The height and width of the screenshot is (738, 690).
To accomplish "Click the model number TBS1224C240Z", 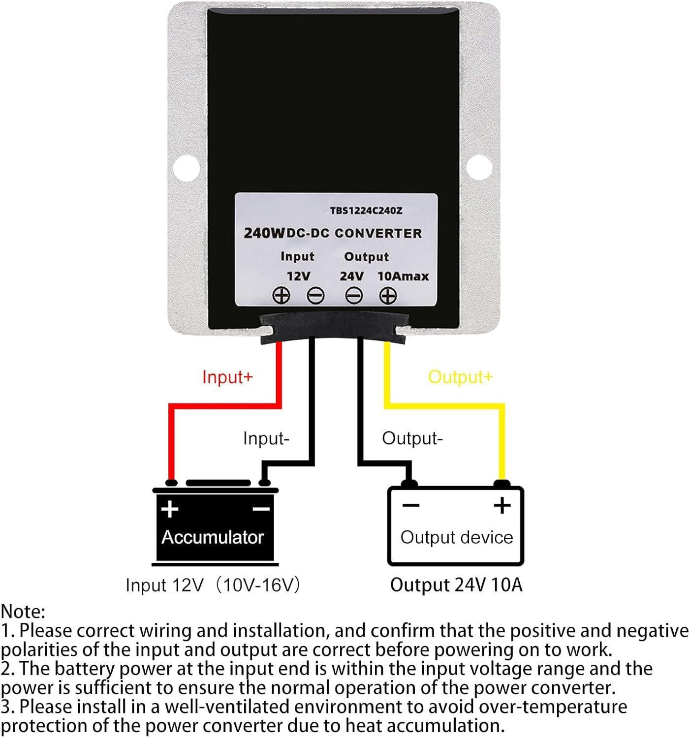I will (366, 211).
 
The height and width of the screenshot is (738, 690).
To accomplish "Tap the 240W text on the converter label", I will (264, 233).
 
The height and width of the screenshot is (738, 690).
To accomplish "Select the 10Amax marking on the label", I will (403, 276).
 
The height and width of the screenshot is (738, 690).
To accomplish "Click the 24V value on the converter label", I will (352, 276).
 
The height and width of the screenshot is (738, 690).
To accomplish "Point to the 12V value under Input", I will (298, 276).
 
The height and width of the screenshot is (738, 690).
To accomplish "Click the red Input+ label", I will (227, 377).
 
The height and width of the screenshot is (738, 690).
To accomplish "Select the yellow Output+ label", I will (460, 377).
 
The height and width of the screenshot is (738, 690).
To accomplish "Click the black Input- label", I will (266, 438).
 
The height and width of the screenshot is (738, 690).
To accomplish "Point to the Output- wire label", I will (412, 438).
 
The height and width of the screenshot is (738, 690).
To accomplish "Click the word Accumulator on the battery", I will (213, 537).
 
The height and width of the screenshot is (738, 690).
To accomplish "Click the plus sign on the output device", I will (502, 505).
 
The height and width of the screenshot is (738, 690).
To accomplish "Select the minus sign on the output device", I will (410, 505).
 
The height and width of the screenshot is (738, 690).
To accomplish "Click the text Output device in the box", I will (456, 537).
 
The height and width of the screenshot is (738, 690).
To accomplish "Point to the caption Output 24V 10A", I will (456, 585).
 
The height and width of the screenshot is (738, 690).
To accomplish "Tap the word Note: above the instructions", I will (23, 612).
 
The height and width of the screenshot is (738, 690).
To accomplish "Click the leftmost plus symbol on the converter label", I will (282, 296).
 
